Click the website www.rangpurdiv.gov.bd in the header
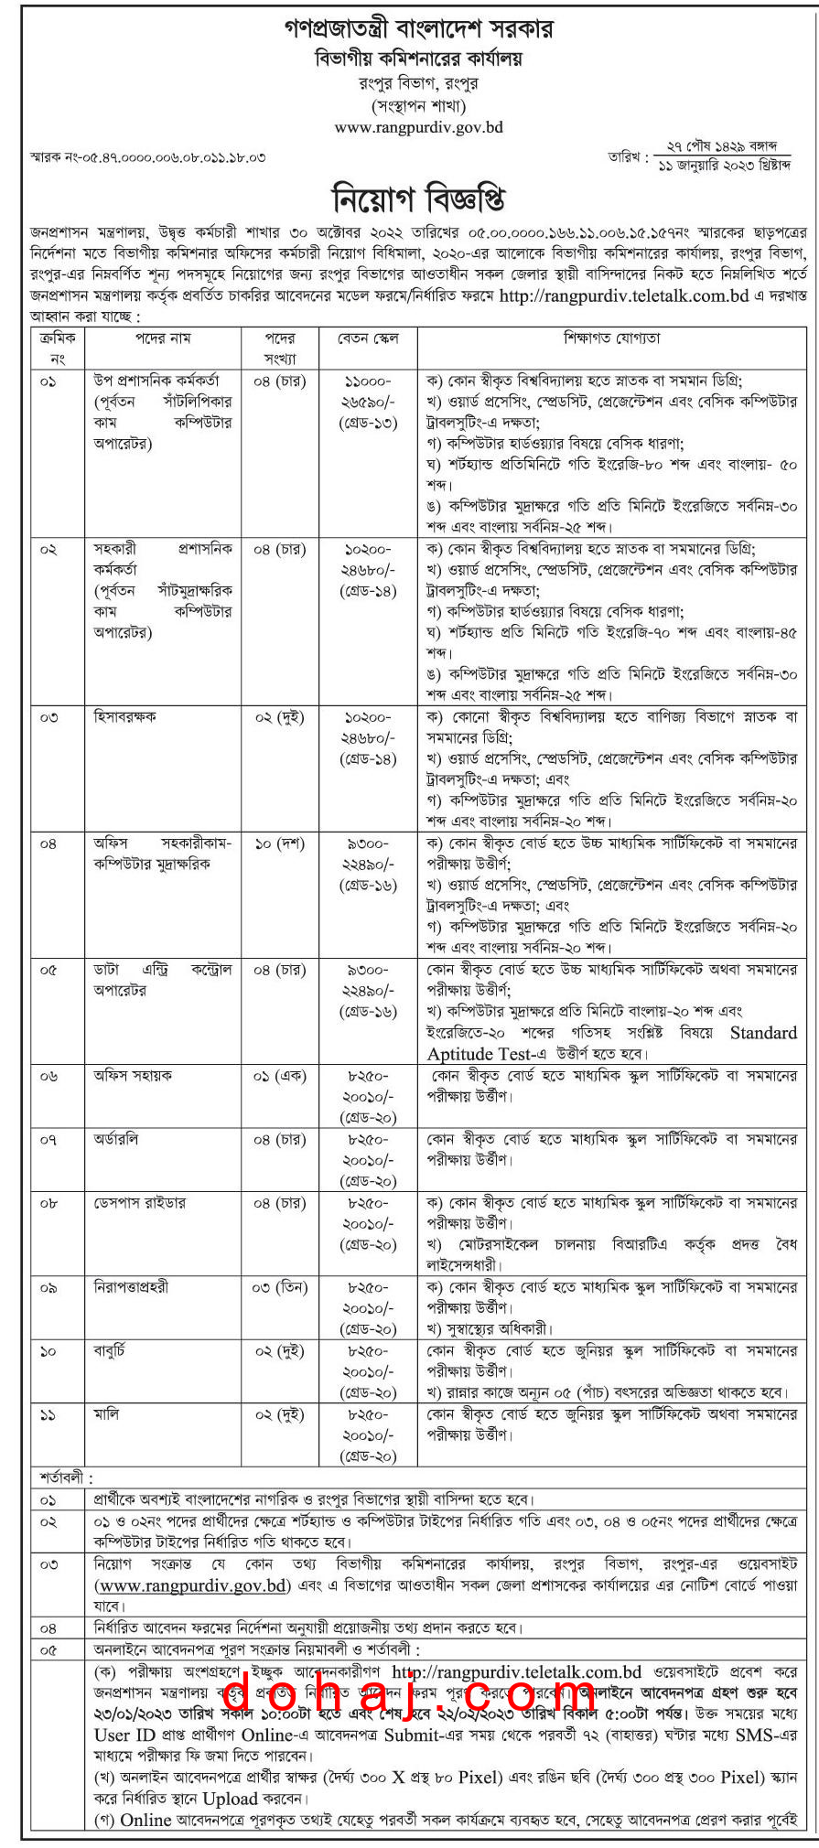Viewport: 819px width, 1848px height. point(418,127)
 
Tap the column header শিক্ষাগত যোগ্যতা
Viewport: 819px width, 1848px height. point(612,338)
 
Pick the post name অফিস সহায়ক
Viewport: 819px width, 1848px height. point(133,1076)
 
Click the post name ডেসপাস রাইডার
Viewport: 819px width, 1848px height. point(139,1203)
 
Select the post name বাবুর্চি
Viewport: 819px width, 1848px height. point(110,1350)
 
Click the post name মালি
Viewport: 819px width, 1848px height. point(106,1414)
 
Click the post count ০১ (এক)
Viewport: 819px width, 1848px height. point(279,1076)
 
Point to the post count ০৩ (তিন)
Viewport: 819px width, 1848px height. point(279,1287)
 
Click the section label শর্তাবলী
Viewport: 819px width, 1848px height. point(65,1477)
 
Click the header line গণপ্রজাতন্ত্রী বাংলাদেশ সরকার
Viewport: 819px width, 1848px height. point(418,28)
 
